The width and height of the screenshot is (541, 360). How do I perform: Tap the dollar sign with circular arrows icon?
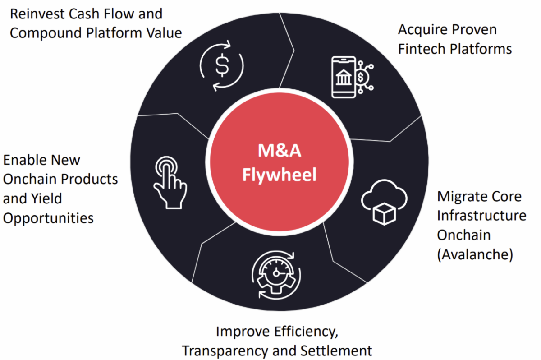click(x=221, y=66)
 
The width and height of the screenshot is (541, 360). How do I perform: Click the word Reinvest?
click(x=38, y=14)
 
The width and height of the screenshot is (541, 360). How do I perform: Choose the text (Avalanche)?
click(x=475, y=254)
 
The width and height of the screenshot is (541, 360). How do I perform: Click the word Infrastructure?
click(x=481, y=216)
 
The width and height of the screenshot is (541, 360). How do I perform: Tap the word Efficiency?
click(x=307, y=332)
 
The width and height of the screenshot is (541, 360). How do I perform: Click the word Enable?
click(x=25, y=160)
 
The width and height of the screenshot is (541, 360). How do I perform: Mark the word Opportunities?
click(x=49, y=218)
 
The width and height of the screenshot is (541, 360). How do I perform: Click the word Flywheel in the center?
click(x=279, y=175)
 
